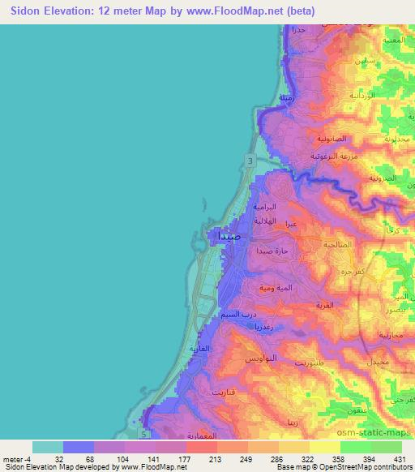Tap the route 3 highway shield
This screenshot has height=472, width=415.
[251, 163]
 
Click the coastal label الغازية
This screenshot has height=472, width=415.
[199, 349]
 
